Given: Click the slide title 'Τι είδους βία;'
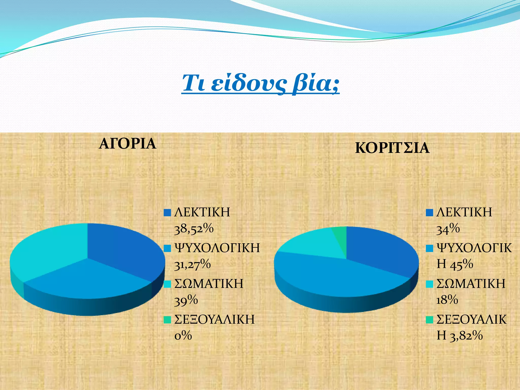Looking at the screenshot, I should point(260,83).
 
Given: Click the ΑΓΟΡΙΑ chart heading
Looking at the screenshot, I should point(127,144).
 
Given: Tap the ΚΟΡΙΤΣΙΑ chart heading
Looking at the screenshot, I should point(392,148).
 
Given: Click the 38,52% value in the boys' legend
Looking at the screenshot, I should point(194,229).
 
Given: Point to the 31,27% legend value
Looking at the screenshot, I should point(192,264).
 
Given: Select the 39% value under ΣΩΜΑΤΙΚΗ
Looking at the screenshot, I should point(186,300).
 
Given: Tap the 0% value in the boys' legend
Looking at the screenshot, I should point(183,336).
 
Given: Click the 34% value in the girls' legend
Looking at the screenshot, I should point(448,229).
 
